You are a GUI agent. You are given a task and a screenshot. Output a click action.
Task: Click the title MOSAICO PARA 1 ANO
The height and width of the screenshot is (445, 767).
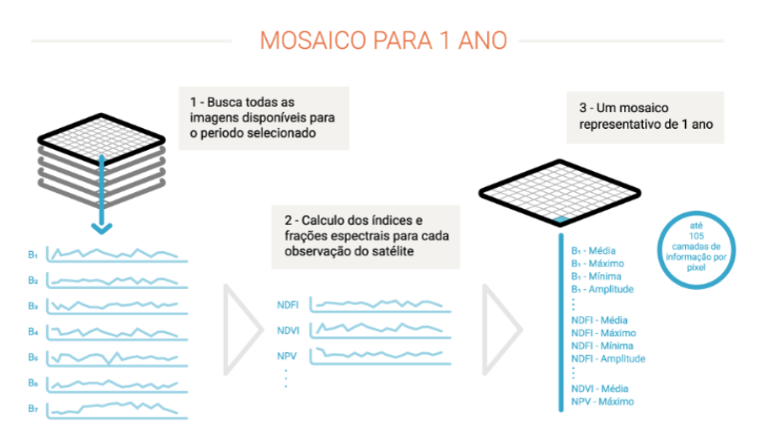[x=383, y=41]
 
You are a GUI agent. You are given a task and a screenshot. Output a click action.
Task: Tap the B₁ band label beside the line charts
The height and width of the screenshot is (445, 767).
[x=33, y=255]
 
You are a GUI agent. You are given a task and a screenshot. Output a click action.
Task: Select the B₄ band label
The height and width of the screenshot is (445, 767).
[x=33, y=331]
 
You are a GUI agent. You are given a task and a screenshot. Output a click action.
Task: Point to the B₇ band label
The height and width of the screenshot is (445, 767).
[x=33, y=408]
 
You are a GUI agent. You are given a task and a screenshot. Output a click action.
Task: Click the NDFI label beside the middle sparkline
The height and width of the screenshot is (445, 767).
[x=288, y=305]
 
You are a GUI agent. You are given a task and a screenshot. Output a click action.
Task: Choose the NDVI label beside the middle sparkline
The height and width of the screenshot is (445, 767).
[x=288, y=330]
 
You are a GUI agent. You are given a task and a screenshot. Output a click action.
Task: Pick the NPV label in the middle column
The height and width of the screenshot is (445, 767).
[x=287, y=356]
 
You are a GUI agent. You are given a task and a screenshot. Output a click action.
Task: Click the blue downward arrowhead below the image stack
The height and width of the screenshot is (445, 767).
[x=102, y=228]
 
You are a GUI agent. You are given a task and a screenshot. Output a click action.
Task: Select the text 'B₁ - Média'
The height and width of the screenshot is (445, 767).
[x=593, y=251]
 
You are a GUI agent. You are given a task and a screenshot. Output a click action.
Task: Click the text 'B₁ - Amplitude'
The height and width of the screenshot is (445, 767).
[x=602, y=289]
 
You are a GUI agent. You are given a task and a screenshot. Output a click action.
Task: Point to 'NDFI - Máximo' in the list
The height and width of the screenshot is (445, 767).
[x=603, y=333]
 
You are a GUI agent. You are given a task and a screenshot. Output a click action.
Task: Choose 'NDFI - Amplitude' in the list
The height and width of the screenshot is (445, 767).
[x=608, y=358]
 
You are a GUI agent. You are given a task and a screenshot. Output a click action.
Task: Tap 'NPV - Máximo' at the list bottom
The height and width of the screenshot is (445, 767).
[x=602, y=401]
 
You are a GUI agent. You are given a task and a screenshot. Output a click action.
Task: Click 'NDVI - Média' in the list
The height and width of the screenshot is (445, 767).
[x=599, y=389]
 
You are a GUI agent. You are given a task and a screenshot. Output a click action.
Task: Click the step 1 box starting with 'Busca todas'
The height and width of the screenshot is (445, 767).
[x=264, y=118]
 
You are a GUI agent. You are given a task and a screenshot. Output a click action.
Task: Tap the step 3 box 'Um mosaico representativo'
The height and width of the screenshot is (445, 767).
[x=645, y=117]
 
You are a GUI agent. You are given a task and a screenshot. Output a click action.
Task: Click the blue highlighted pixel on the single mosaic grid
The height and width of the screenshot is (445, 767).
[x=560, y=220]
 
